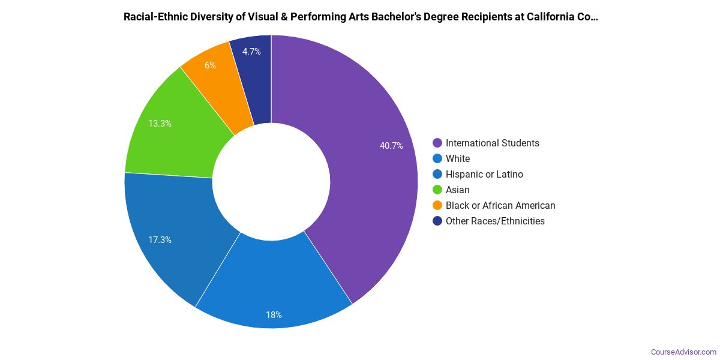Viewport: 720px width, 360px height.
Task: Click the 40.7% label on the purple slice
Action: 391,146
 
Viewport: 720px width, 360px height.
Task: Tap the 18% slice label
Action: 274,315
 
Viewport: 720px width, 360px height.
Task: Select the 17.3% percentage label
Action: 160,240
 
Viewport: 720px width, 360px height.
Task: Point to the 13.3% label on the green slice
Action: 160,124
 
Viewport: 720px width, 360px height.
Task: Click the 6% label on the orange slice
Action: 210,65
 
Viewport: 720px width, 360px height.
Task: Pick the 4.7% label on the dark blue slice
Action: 251,52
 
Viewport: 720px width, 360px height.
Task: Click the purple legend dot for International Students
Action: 437,143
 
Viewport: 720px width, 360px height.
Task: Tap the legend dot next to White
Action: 437,158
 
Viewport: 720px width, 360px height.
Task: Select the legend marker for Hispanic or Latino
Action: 437,174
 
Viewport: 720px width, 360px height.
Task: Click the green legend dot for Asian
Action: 437,190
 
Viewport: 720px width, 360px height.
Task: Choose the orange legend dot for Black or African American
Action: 437,205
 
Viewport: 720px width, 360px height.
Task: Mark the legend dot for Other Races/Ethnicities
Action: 437,221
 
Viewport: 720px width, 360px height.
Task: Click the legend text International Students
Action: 492,143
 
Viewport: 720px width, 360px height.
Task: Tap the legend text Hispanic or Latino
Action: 484,174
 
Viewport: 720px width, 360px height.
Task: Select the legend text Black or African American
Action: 500,205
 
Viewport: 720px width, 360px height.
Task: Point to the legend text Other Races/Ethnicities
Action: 495,221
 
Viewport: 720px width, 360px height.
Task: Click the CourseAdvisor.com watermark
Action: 683,352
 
